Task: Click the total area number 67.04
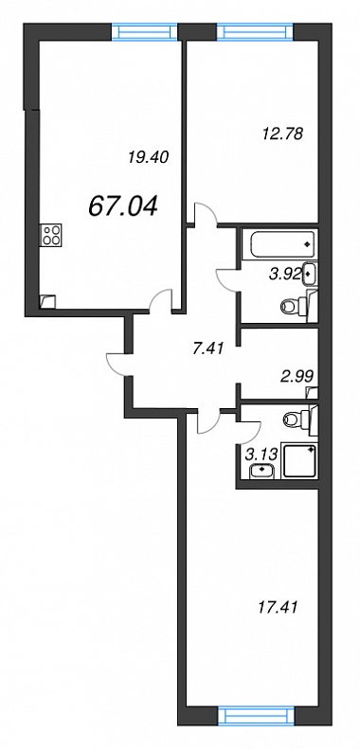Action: [123, 206]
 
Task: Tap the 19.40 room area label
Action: [149, 156]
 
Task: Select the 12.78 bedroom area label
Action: [282, 134]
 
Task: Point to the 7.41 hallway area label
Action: [208, 349]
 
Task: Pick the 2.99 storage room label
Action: [297, 376]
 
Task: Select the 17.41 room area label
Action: [278, 608]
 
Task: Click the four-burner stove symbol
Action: [51, 236]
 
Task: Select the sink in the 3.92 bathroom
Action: [309, 275]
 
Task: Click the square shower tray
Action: [299, 459]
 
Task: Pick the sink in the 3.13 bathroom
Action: [262, 470]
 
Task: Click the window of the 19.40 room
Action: [144, 31]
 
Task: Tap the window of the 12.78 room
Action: [255, 31]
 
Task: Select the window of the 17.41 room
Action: [256, 718]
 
